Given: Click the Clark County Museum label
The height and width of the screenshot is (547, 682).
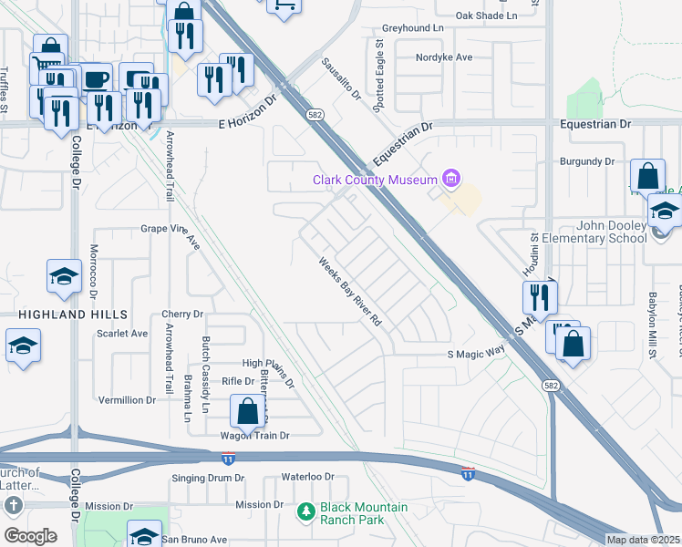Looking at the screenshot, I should tap(375, 180).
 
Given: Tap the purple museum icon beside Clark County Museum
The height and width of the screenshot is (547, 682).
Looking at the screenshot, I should tap(450, 179).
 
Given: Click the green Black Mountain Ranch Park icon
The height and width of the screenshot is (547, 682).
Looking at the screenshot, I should tap(307, 512).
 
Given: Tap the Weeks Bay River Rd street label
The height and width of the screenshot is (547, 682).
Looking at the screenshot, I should tap(350, 294).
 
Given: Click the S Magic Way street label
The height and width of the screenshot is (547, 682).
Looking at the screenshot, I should tap(476, 354).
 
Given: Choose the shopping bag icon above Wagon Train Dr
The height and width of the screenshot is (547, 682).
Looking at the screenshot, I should tap(247, 411).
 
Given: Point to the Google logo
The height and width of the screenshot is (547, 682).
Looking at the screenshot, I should tap(30, 536).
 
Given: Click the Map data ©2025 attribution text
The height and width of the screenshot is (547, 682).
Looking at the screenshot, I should tap(642, 540).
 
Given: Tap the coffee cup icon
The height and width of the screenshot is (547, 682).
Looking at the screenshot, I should tap(97, 78).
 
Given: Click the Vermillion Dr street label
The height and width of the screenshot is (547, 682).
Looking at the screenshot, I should tap(128, 400).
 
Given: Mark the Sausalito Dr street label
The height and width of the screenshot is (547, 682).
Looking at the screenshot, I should tap(341, 80).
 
